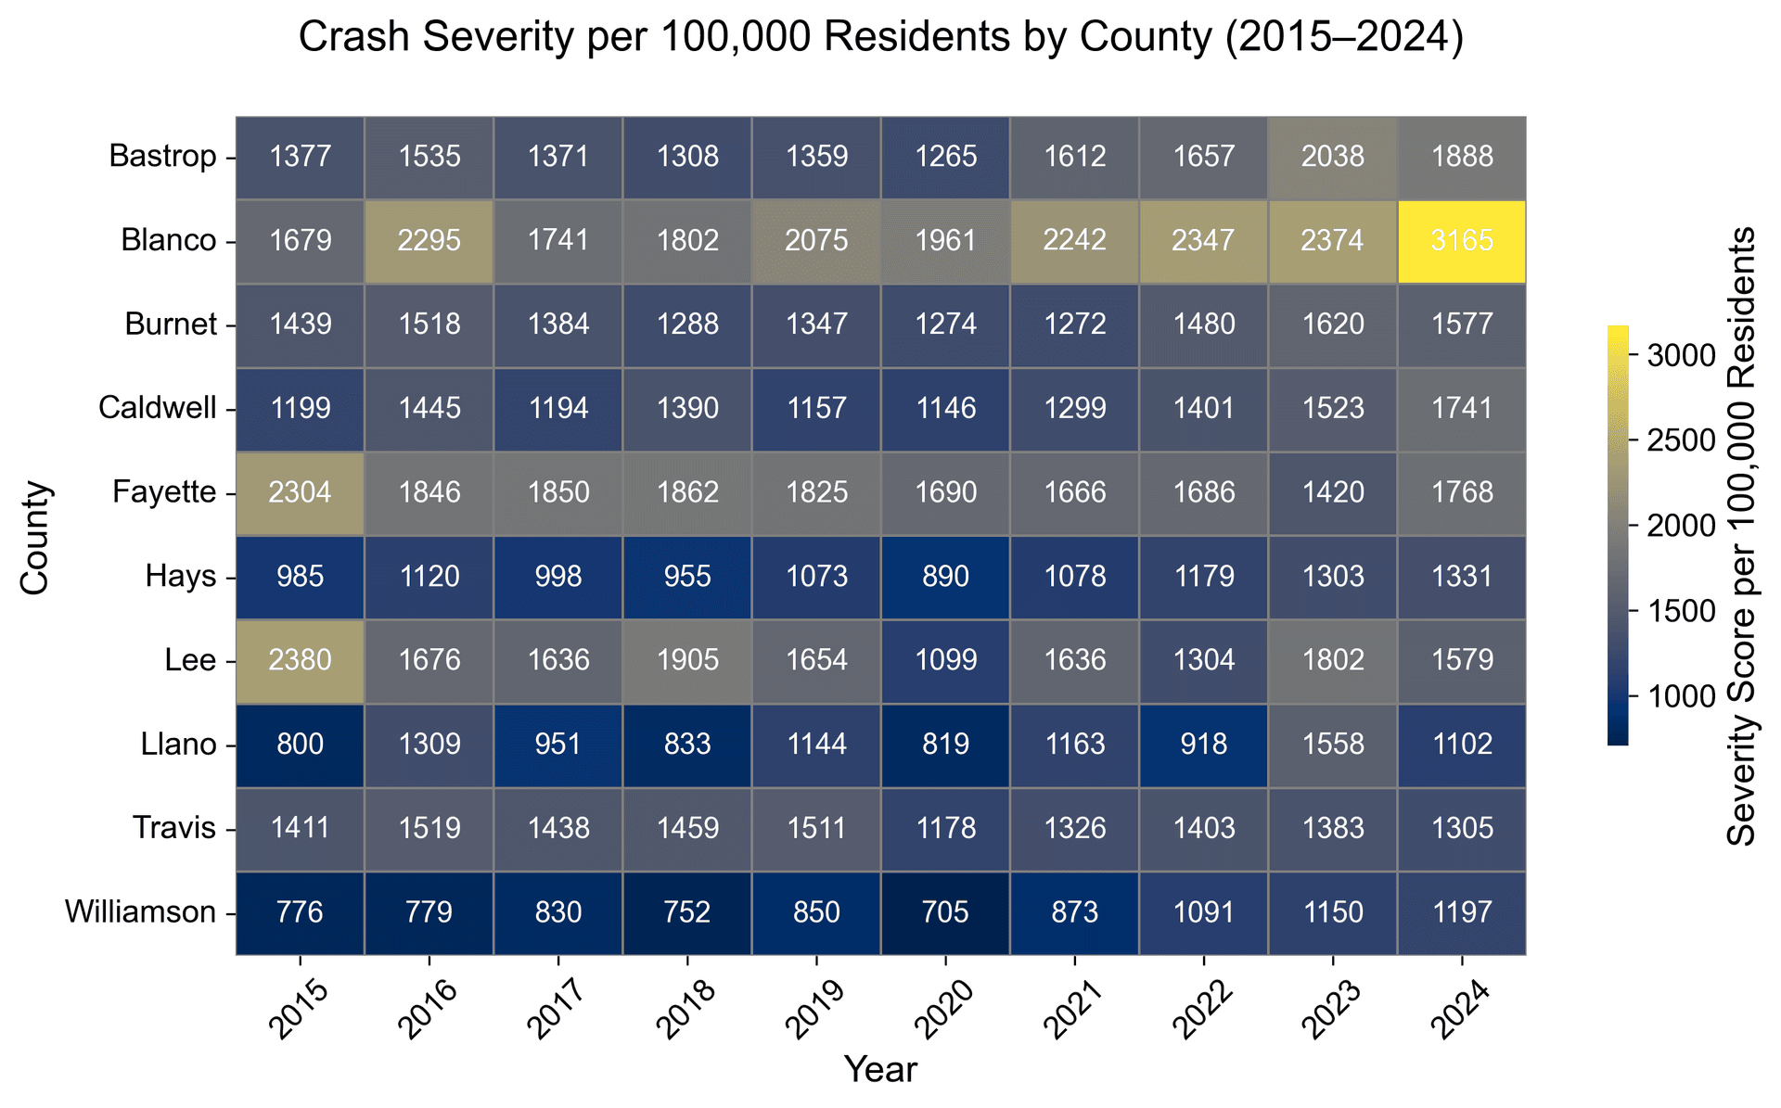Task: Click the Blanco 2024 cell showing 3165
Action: pyautogui.click(x=1461, y=241)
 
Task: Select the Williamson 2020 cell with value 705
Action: pyautogui.click(x=945, y=912)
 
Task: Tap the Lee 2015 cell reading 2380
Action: pyautogui.click(x=301, y=660)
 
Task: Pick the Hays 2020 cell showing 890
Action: pyautogui.click(x=945, y=577)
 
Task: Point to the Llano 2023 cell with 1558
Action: pyautogui.click(x=1332, y=745)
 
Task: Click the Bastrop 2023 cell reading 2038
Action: pyautogui.click(x=1332, y=157)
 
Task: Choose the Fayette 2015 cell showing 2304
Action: pyautogui.click(x=301, y=492)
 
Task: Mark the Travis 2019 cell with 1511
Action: pyautogui.click(x=816, y=828)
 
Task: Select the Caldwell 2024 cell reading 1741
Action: pyautogui.click(x=1461, y=409)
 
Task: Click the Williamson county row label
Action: pyautogui.click(x=140, y=912)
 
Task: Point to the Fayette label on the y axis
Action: pyautogui.click(x=164, y=492)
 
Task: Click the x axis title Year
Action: pyautogui.click(x=880, y=1070)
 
